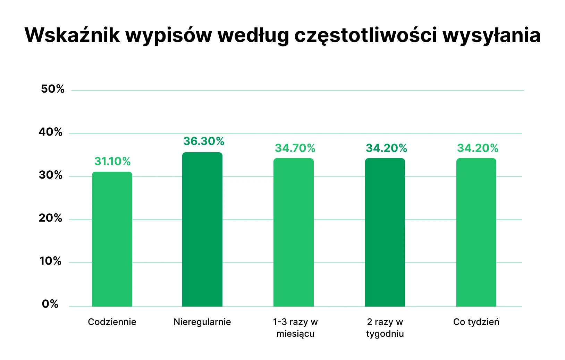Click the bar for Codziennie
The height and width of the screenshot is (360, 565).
point(112,239)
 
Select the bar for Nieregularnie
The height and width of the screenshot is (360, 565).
point(202,230)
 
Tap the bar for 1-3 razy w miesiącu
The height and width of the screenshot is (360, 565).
point(294,232)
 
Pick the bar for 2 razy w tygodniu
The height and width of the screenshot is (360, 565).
point(385,232)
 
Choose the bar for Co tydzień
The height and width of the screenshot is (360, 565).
point(476,232)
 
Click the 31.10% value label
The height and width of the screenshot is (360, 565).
point(112,161)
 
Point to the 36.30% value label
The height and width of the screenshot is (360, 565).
point(204,141)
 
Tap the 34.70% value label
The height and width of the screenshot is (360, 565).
point(295,148)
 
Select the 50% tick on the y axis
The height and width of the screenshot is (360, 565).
point(53,89)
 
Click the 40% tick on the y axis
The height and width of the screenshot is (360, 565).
point(51,132)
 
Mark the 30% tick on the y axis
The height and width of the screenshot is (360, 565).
point(51,175)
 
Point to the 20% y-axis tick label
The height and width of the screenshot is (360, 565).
point(51,218)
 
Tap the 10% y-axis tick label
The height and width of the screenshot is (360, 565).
point(51,261)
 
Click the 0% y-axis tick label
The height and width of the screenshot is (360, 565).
point(50,304)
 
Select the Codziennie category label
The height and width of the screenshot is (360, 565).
point(112,322)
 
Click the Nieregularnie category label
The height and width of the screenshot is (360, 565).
point(202,322)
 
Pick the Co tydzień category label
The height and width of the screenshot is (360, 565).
point(476,322)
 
